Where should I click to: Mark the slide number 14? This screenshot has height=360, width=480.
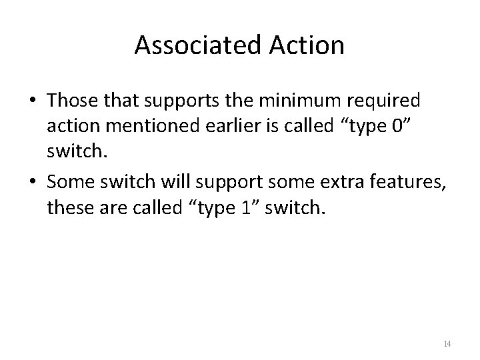coord(447,344)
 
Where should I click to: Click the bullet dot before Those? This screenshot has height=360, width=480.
coord(31,101)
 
